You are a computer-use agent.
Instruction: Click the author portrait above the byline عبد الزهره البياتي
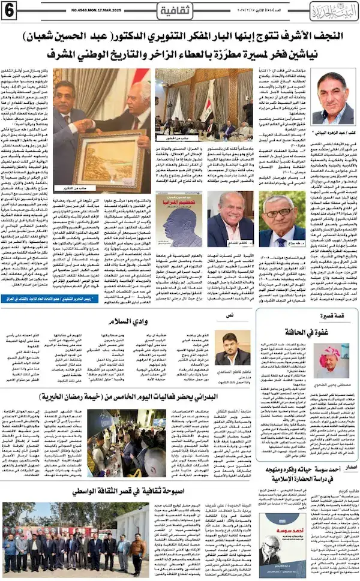point(333,98)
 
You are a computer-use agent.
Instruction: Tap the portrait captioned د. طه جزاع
point(283,220)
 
